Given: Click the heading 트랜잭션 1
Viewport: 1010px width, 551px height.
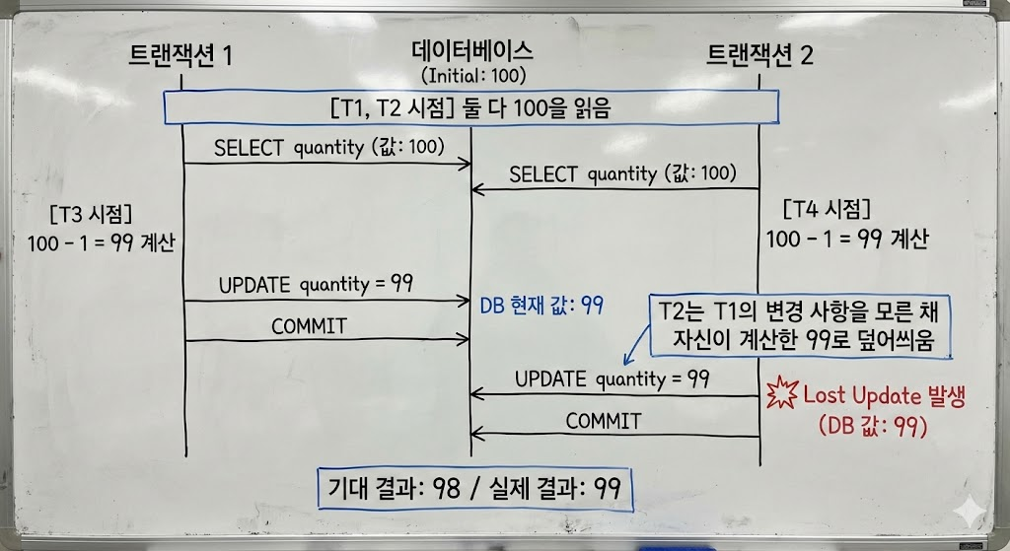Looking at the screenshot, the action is [180, 55].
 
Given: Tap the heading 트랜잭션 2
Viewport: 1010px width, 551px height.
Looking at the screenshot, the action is [760, 55].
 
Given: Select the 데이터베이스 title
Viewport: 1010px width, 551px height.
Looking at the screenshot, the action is [472, 50].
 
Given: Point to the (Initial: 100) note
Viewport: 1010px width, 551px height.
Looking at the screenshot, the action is [473, 76].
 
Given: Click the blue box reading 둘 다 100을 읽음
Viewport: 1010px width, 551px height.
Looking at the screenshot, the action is [470, 107].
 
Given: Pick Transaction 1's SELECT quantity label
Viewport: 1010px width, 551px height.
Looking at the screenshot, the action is [329, 148].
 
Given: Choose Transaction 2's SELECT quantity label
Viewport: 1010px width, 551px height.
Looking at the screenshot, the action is [622, 173].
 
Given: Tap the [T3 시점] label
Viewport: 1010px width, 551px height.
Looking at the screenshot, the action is [91, 214].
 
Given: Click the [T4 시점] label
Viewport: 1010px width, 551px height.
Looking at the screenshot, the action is [828, 209].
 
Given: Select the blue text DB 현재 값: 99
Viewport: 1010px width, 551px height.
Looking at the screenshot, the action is [541, 306].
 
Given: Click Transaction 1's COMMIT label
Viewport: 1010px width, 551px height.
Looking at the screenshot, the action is [309, 326].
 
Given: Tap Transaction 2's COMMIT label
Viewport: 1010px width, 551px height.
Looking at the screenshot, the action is [604, 422].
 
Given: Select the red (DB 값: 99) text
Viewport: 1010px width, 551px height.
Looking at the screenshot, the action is [873, 426].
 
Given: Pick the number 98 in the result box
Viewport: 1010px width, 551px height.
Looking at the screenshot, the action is [447, 489].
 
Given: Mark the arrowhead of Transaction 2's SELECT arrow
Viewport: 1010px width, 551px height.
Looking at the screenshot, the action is [477, 189].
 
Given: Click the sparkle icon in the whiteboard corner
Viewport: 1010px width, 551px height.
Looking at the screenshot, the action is [971, 513].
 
